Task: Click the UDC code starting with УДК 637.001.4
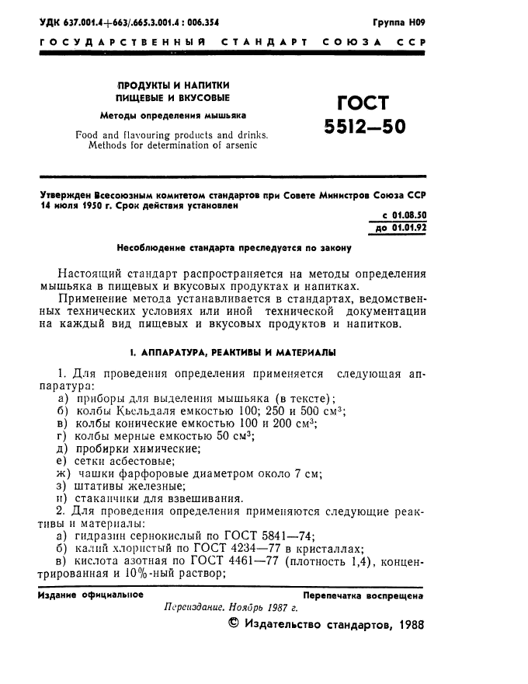[x=128, y=22]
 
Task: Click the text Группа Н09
[x=399, y=22]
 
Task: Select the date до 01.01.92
[x=401, y=227]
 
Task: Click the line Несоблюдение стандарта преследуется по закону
[x=234, y=249]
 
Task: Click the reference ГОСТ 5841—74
[x=295, y=536]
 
